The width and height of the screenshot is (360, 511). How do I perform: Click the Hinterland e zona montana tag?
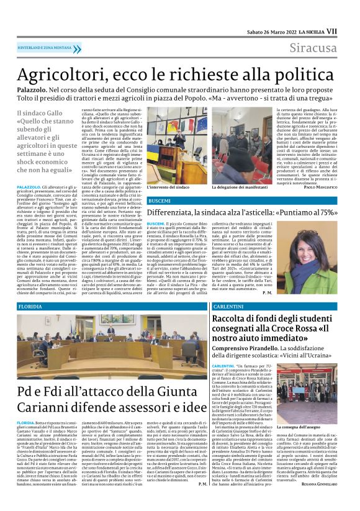pos(46,47)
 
